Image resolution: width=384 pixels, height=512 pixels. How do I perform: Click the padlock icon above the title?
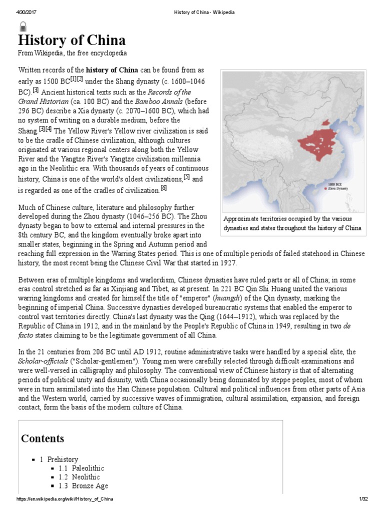[x=23, y=26]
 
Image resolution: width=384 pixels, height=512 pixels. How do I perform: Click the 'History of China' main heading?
[x=72, y=40]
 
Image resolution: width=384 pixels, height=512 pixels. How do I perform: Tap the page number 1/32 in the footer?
[x=363, y=499]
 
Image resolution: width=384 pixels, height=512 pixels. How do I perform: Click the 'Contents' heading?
[x=42, y=438]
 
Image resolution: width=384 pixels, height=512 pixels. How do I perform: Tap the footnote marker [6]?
[x=163, y=188]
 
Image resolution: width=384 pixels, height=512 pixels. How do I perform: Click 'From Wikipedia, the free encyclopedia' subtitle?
[x=72, y=53]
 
